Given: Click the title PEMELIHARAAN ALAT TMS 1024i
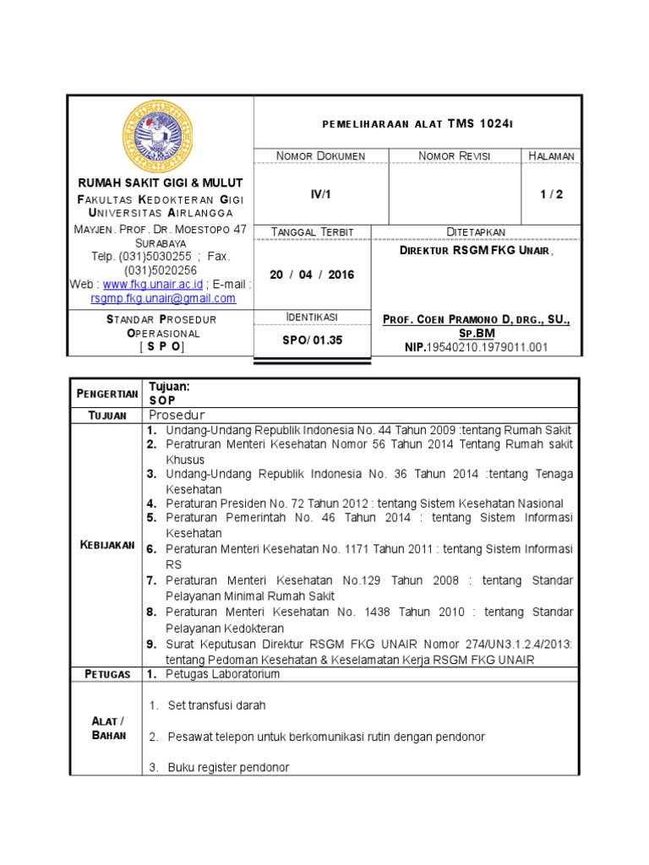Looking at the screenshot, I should point(417,124).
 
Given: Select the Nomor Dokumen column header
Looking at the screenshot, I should point(321,156).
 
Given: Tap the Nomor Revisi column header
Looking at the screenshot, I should point(455,156).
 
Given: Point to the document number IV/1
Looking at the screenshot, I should point(321,193).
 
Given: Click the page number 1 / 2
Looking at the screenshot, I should point(552,193).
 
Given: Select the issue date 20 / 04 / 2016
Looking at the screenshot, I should point(312,275).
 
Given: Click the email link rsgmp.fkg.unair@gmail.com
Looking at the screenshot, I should point(163,298).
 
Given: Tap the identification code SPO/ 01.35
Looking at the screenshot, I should point(312,340).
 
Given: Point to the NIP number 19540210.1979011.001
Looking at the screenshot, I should point(488,346).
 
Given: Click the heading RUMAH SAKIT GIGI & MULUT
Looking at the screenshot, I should point(160,183).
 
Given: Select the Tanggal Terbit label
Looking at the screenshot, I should point(312,232).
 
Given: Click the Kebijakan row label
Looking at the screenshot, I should point(106,545).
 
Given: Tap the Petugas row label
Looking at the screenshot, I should point(106,674).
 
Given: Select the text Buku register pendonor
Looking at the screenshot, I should point(228,767).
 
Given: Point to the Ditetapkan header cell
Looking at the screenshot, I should point(476,232).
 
